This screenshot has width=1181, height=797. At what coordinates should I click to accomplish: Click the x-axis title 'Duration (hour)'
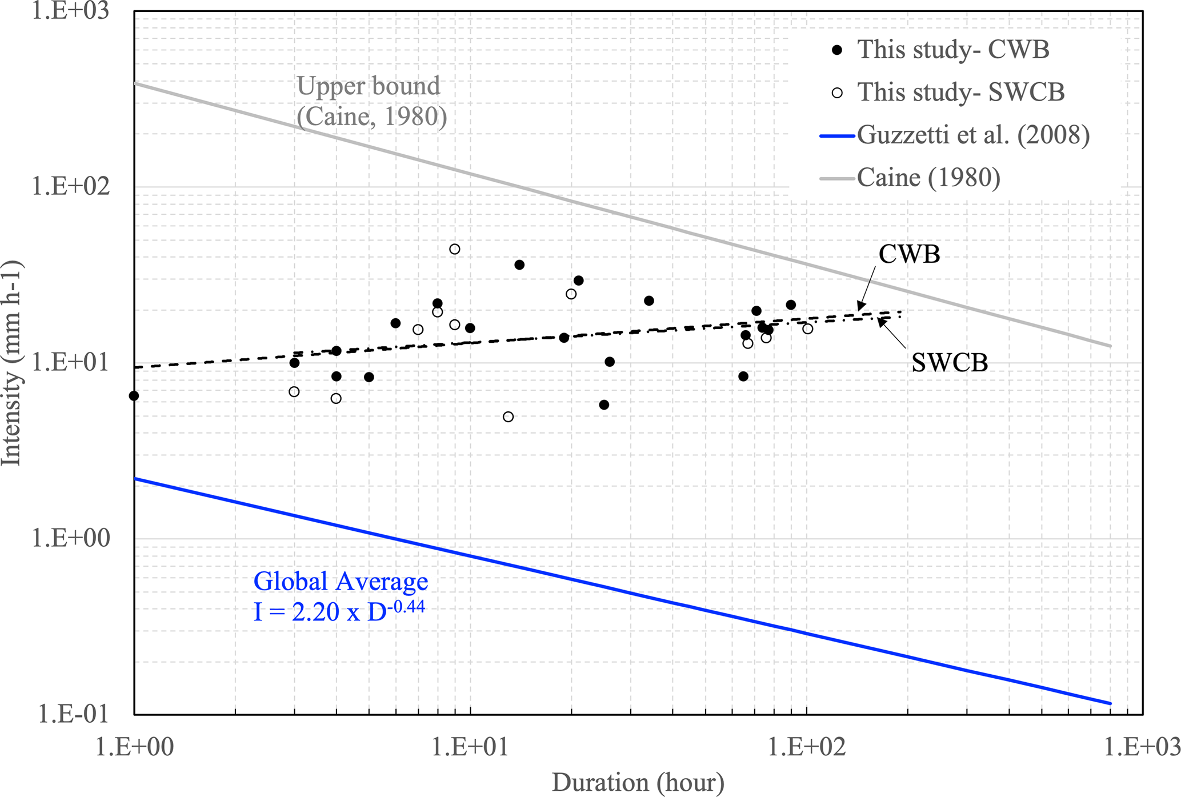click(x=638, y=782)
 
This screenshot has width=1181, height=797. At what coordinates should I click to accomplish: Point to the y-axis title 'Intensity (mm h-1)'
click(x=11, y=363)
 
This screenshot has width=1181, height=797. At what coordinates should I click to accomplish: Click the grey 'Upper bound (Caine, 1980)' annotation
click(x=370, y=101)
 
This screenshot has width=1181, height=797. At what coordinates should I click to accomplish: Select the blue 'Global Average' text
click(x=341, y=582)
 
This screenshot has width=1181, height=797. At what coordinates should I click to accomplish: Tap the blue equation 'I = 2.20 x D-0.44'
click(x=339, y=611)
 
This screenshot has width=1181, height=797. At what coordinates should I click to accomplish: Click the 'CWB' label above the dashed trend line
click(x=909, y=254)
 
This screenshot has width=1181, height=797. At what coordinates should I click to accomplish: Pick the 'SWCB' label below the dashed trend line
click(x=949, y=363)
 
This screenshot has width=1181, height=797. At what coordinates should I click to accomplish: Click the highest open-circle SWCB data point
click(x=455, y=249)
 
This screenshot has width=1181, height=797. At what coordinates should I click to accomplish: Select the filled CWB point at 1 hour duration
click(x=134, y=396)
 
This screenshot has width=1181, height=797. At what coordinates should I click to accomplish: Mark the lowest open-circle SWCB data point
click(x=508, y=417)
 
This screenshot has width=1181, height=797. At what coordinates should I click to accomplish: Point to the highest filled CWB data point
click(x=519, y=265)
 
